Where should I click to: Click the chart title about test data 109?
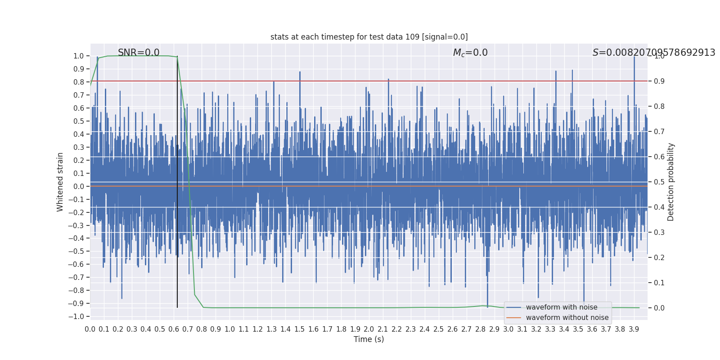[369, 37]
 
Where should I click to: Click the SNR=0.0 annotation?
[139, 53]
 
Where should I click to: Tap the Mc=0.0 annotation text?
[470, 53]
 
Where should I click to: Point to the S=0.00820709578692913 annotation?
[653, 53]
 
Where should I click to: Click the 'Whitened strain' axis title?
[60, 182]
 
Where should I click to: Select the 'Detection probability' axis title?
[671, 182]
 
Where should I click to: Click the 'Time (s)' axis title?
[369, 339]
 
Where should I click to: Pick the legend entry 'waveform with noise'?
[562, 307]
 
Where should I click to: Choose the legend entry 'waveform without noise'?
[567, 318]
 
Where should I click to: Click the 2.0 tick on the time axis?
[369, 329]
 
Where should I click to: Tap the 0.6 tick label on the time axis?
[174, 329]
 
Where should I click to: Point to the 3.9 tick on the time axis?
[634, 329]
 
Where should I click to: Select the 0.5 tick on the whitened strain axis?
[79, 121]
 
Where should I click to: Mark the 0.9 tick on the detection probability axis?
[659, 81]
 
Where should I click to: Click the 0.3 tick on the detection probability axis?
[659, 232]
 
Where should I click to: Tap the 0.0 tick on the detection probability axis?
[659, 308]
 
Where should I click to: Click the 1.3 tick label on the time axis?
[271, 329]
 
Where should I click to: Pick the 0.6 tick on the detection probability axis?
[659, 157]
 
